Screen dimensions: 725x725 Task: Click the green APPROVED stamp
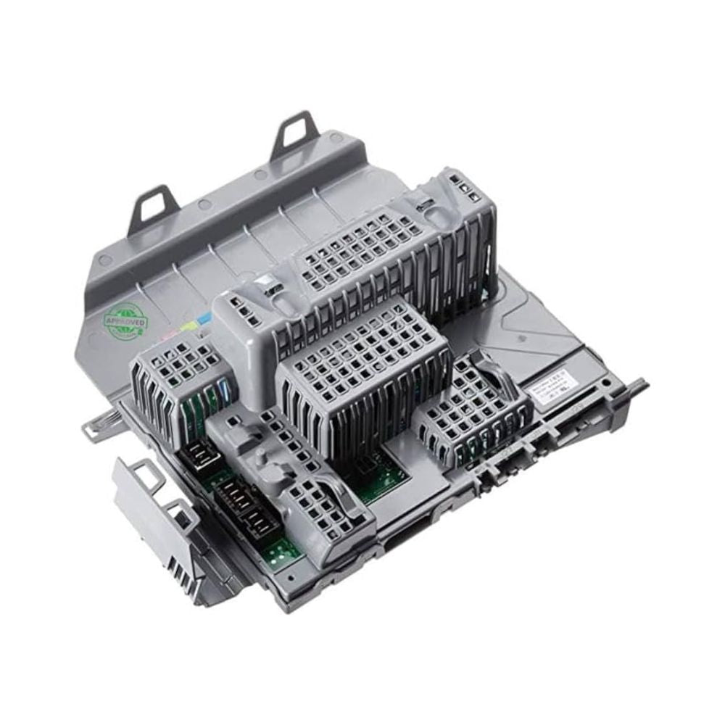pos(125,321)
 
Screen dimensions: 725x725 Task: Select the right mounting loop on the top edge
pos(296,133)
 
